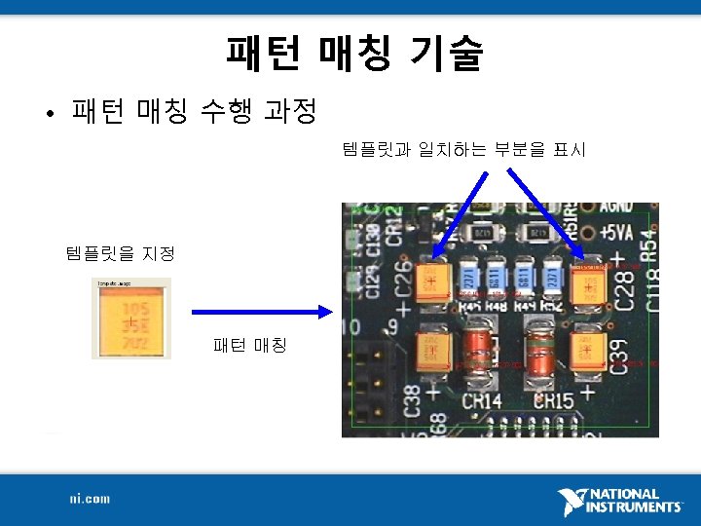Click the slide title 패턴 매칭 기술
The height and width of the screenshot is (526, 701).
pos(353,55)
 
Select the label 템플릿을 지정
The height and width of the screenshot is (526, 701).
pos(119,254)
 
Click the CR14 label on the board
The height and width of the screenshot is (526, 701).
pos(481,400)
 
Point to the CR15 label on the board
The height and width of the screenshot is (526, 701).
pos(553,400)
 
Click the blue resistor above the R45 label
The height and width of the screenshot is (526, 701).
pos(473,277)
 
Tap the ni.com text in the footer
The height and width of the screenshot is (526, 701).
pos(90,499)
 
